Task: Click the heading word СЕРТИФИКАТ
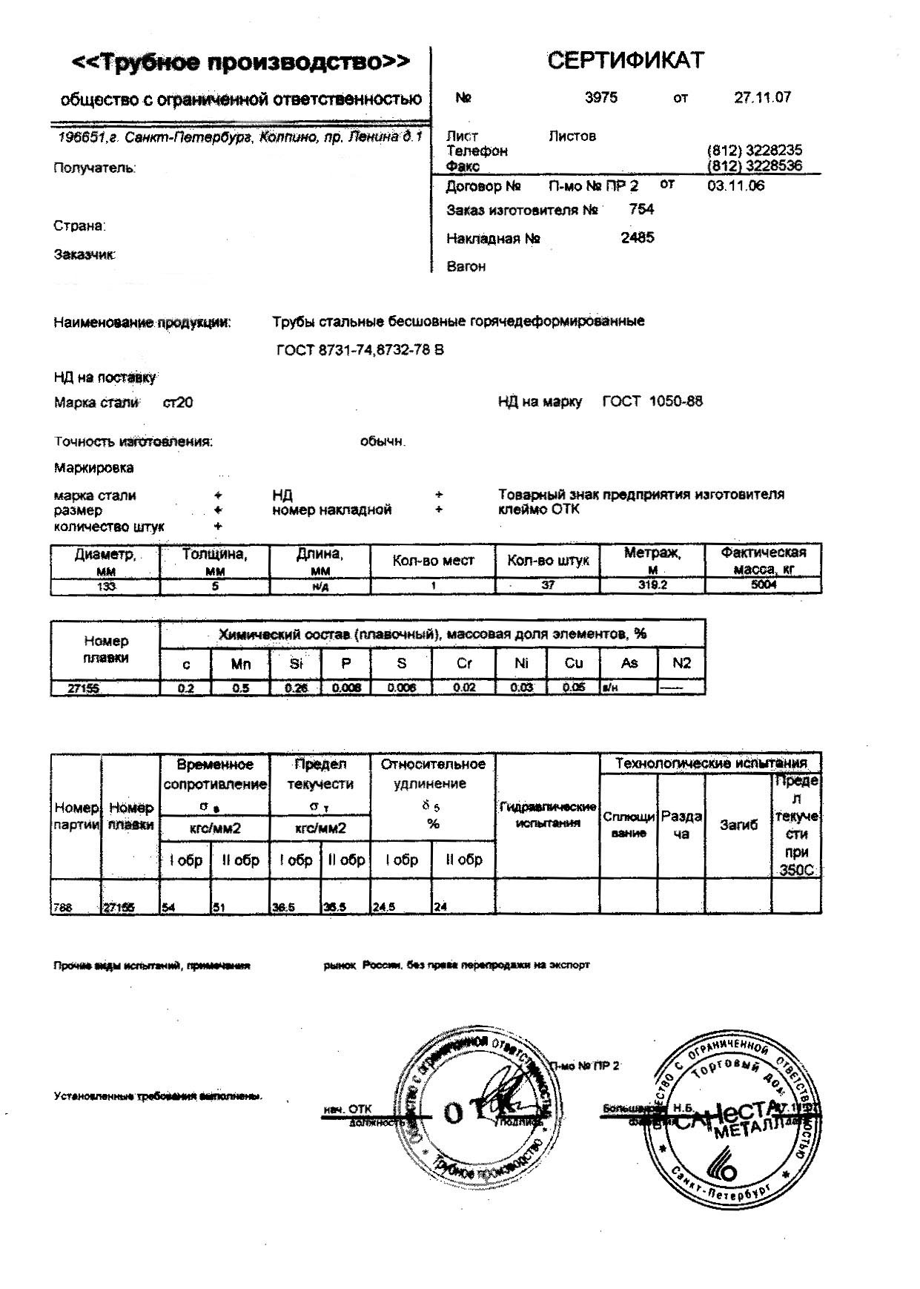(x=625, y=60)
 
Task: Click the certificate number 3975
(x=600, y=97)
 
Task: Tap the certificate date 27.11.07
(x=762, y=97)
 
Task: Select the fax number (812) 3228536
(x=755, y=165)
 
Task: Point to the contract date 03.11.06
(x=735, y=185)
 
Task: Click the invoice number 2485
(x=638, y=238)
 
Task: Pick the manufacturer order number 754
(x=641, y=209)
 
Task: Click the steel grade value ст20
(x=178, y=403)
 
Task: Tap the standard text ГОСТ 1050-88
(x=652, y=402)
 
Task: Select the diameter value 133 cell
(x=105, y=586)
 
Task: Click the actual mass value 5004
(x=763, y=585)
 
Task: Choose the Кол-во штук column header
(x=548, y=561)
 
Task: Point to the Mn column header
(x=241, y=664)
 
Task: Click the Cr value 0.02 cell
(x=464, y=688)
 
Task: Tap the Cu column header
(x=573, y=663)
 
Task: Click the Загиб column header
(x=738, y=825)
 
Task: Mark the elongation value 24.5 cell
(x=400, y=906)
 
